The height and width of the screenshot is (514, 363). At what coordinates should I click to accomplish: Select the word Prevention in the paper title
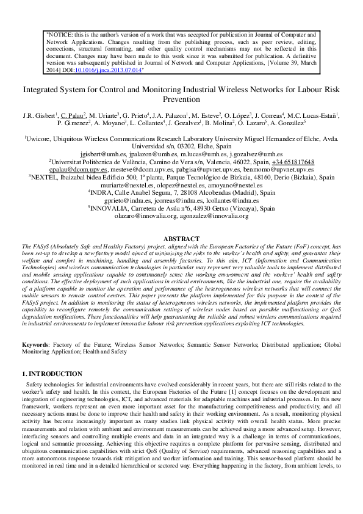click(x=181, y=99)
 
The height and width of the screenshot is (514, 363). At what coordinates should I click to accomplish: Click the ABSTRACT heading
click(x=181, y=256)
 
